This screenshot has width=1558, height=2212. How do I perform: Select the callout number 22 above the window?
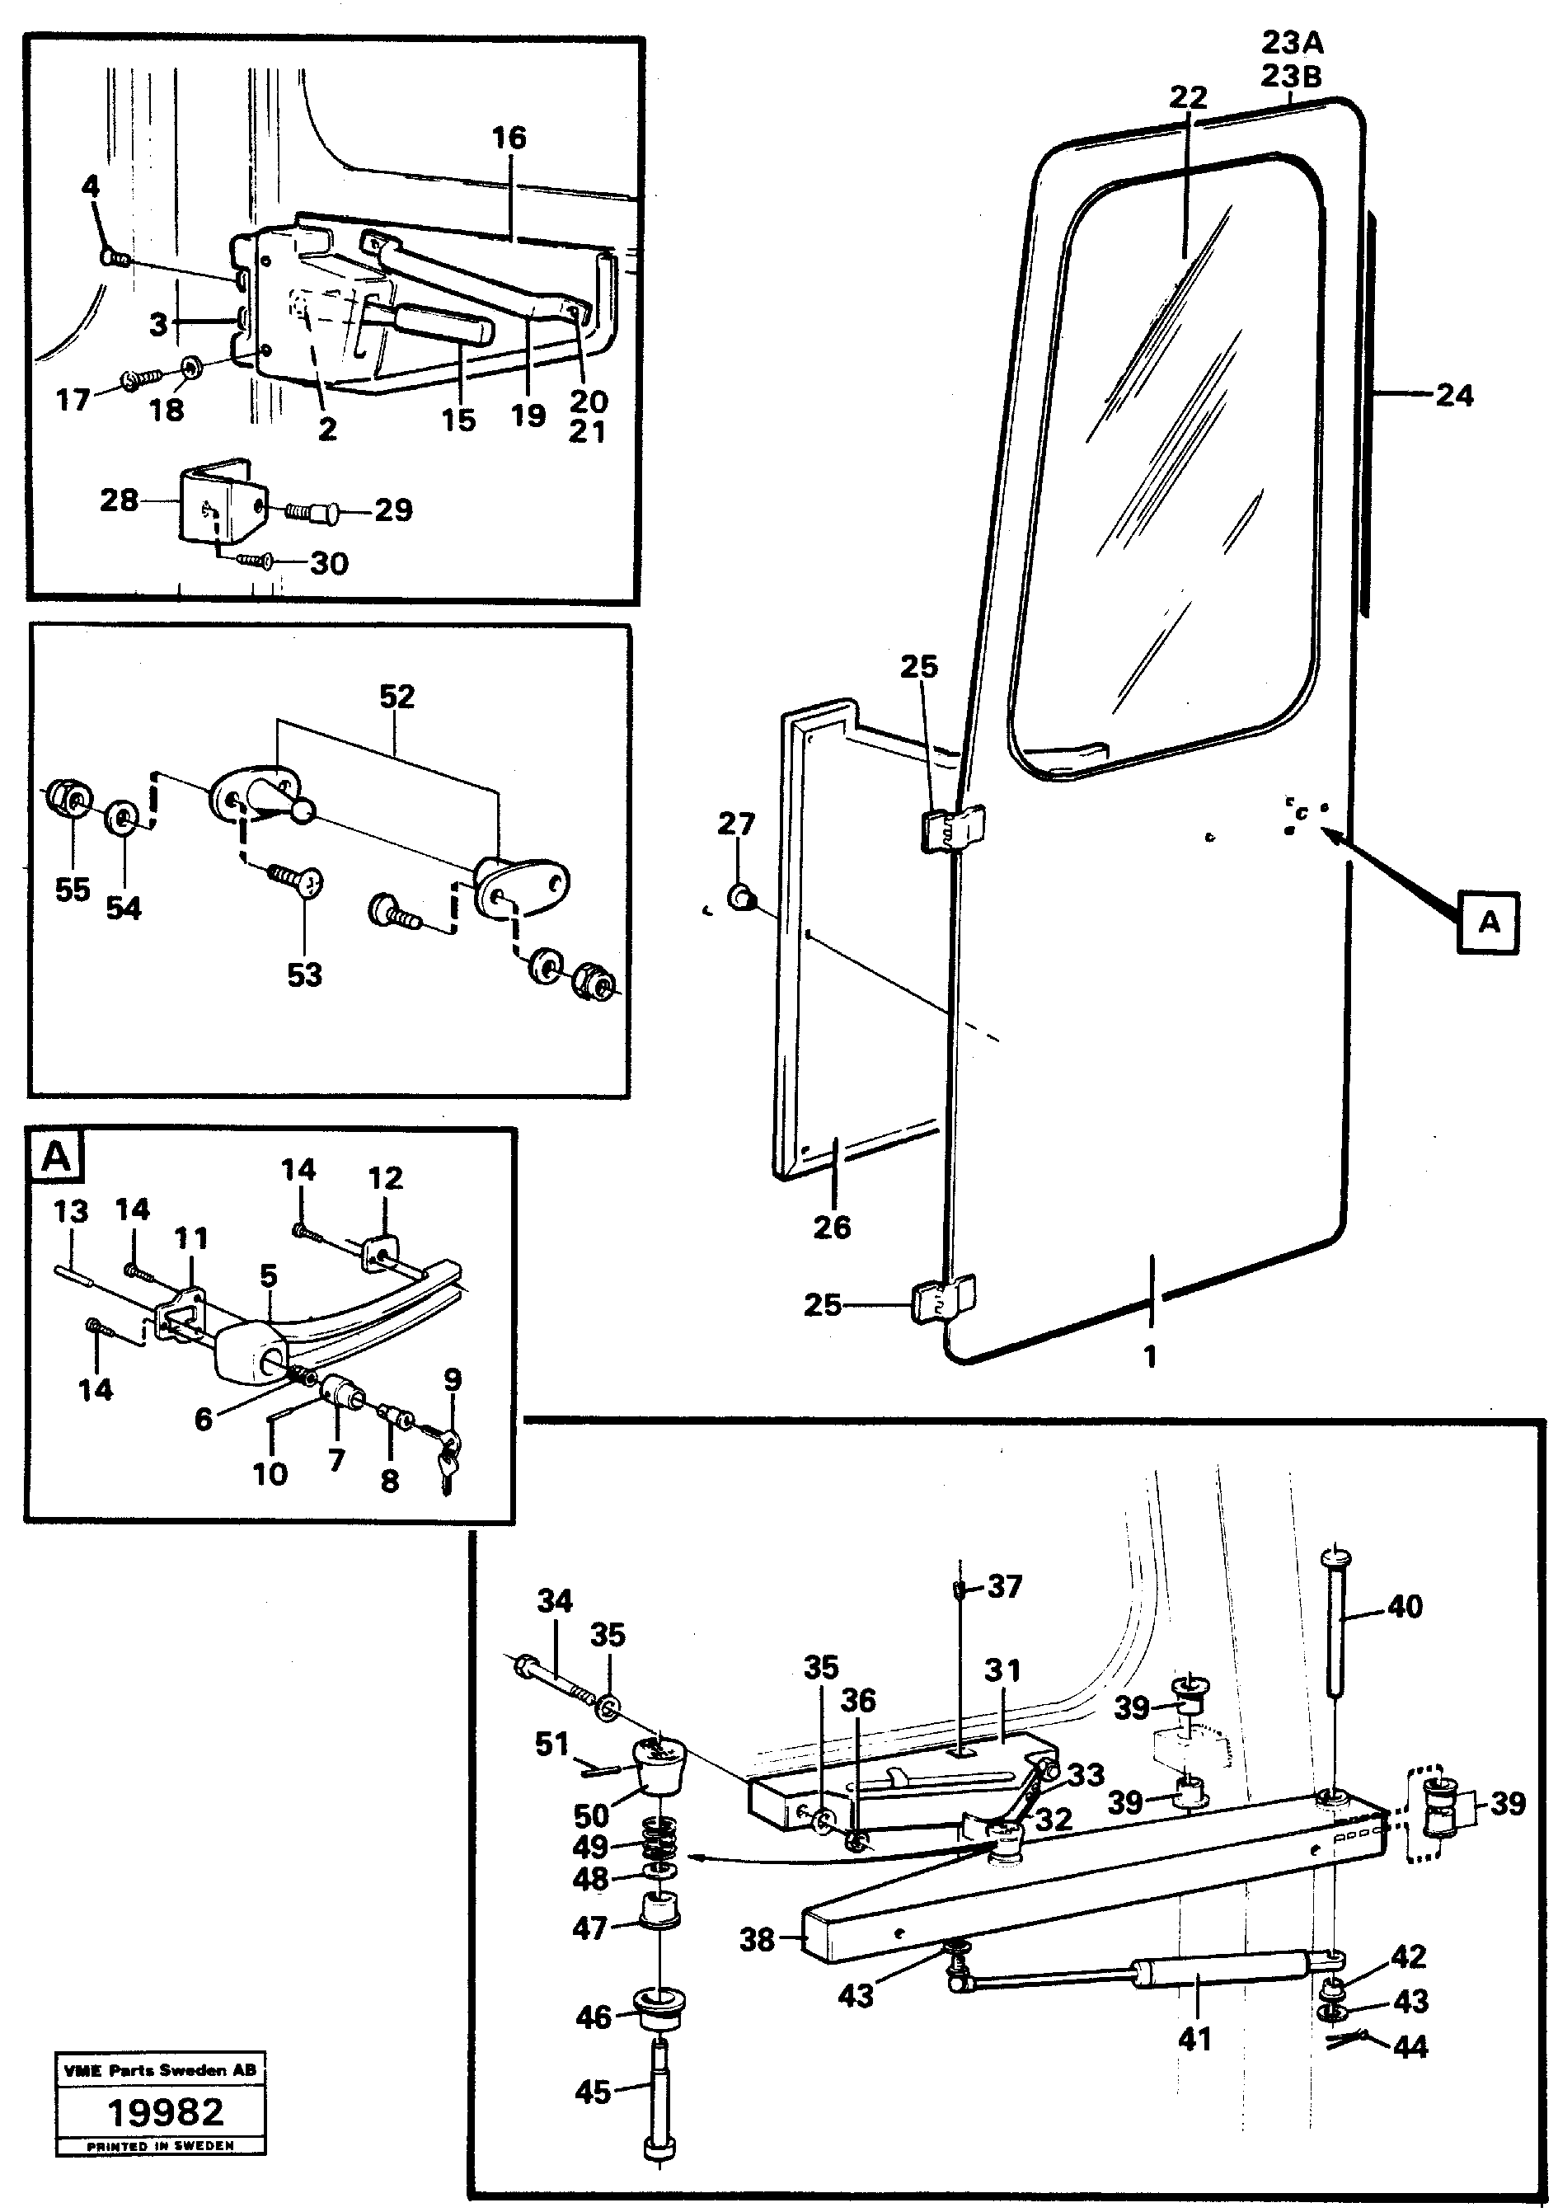point(1188,97)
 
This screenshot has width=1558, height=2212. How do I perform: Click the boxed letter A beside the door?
point(1488,922)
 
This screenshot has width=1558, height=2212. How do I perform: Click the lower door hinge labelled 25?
point(942,1303)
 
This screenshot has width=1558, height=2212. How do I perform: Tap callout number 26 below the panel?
point(832,1227)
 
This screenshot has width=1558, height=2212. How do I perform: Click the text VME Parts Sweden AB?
point(159,2069)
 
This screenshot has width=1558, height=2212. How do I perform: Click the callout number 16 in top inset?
point(509,138)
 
